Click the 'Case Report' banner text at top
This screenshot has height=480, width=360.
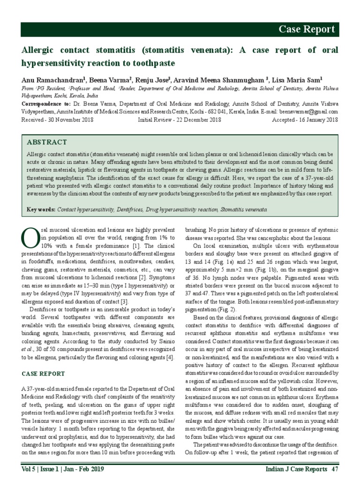pyautogui.click(x=307, y=30)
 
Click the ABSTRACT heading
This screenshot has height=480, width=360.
pyautogui.click(x=47, y=142)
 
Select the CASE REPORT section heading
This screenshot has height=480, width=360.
pyautogui.click(x=44, y=374)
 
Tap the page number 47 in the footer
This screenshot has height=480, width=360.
pyautogui.click(x=335, y=469)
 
